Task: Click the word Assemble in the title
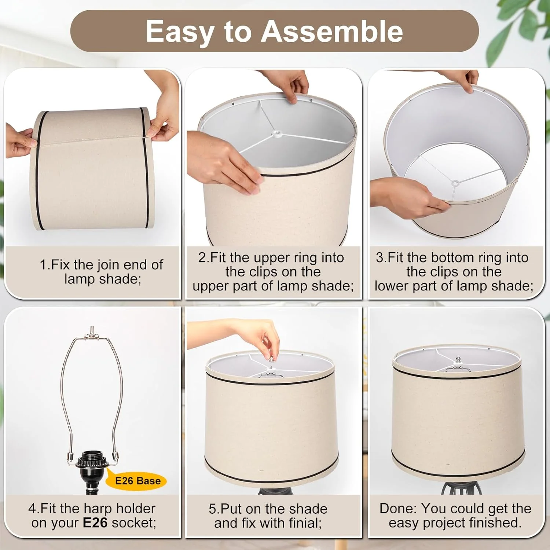[x=332, y=32]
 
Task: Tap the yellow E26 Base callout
[x=136, y=481]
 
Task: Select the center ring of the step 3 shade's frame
[x=455, y=183]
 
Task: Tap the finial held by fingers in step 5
[x=271, y=360]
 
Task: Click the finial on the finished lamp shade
[x=458, y=361]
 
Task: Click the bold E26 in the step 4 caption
[x=95, y=522]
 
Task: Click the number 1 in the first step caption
[x=43, y=265]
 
